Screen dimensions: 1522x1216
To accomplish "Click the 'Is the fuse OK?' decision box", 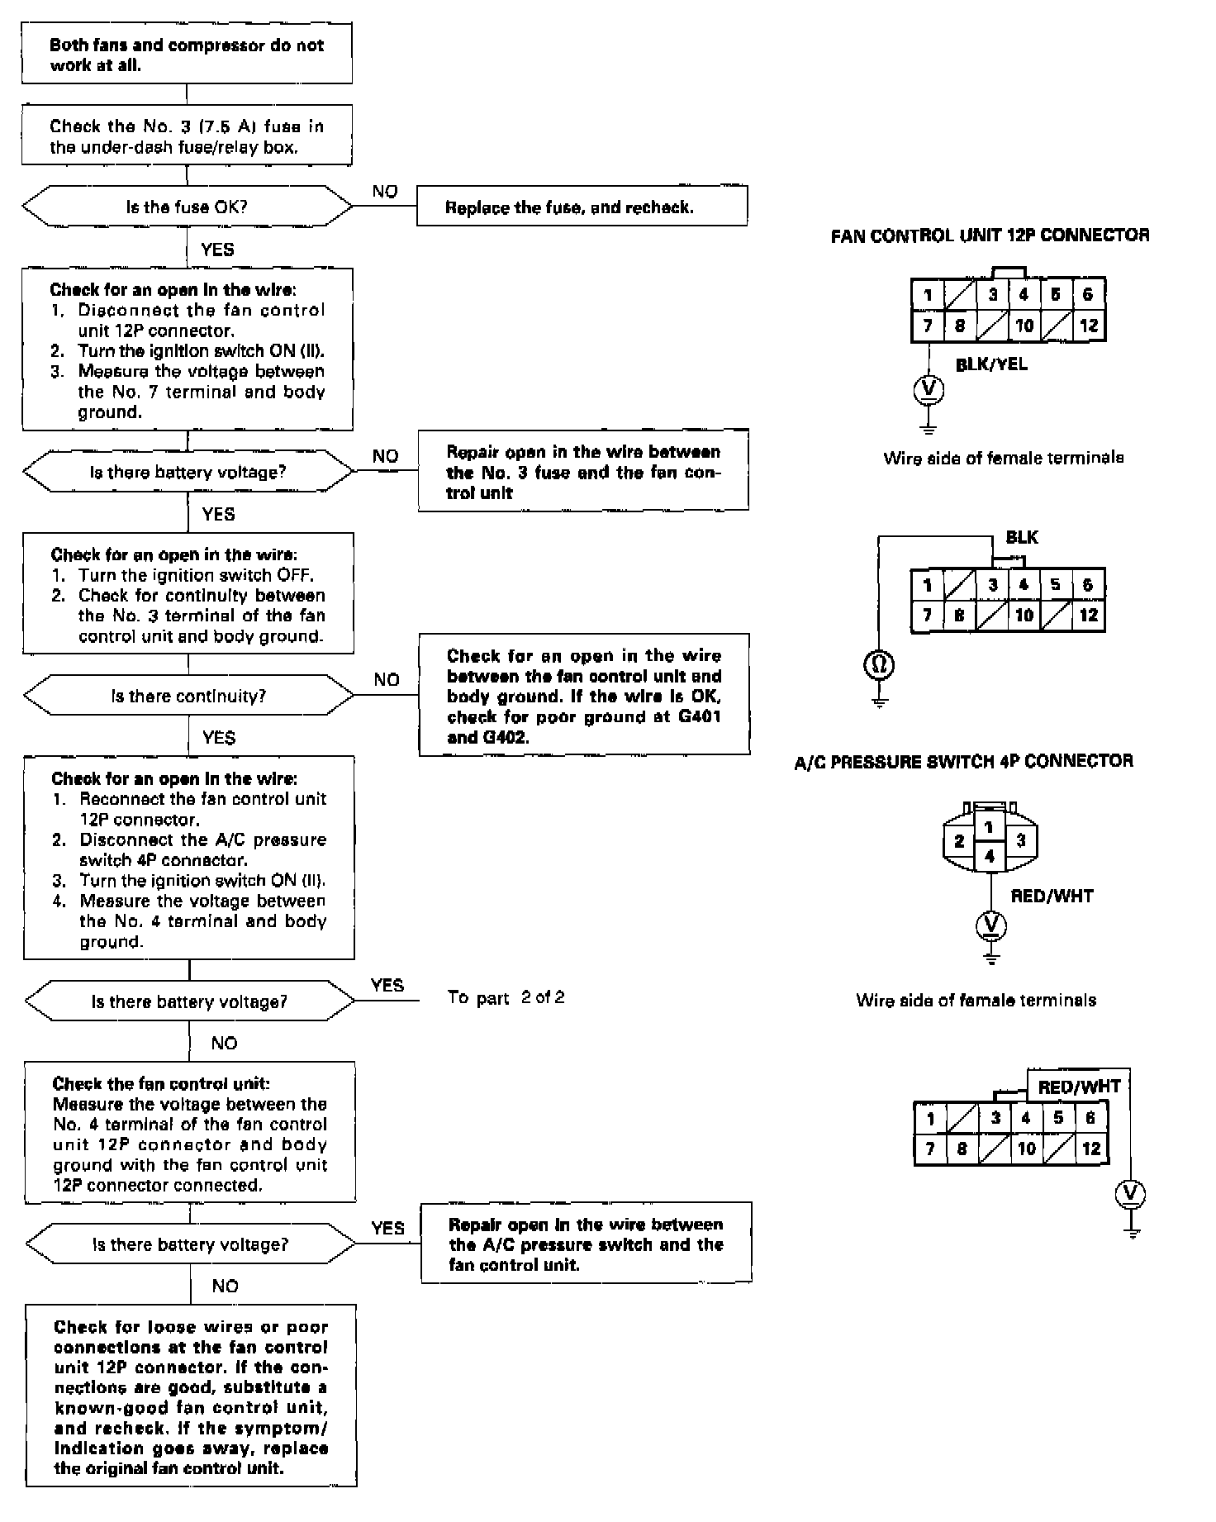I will [188, 207].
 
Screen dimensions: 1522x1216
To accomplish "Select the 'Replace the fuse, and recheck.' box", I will [582, 207].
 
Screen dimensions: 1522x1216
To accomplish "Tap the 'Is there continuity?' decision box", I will [188, 696].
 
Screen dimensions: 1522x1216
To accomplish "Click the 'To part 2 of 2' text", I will [506, 997].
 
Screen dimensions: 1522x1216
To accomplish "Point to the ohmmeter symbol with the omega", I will [879, 663].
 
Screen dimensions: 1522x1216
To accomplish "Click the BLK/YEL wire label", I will [991, 364].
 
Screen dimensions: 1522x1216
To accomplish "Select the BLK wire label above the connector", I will [1022, 538].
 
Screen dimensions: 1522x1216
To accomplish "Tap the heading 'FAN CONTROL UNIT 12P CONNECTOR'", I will [990, 235].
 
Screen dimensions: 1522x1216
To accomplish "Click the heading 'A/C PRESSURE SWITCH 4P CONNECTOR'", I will [963, 761].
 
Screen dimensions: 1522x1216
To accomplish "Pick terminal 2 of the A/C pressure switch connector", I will [959, 841].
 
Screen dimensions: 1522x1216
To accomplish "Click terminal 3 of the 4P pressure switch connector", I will [1021, 841].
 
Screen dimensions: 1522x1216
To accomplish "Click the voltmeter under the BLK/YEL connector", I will [929, 388].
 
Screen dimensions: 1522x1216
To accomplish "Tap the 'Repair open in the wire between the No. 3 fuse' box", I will [583, 472].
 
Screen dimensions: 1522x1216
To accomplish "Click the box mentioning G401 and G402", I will [584, 696].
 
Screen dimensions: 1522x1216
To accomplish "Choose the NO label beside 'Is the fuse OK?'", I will [385, 192].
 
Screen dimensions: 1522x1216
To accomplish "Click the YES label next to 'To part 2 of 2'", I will [387, 985].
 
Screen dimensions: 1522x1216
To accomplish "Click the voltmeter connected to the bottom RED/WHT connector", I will [1131, 1193].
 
